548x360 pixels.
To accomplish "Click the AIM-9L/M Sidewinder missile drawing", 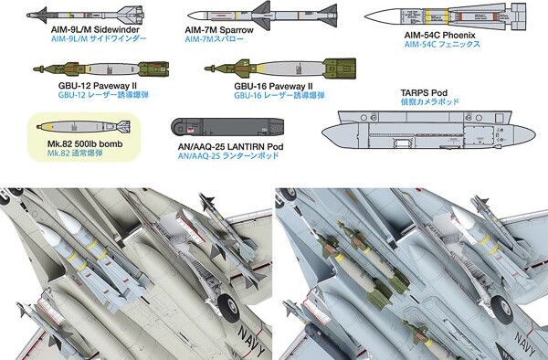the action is click(85, 16).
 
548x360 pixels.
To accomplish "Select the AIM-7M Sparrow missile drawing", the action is click(262, 16).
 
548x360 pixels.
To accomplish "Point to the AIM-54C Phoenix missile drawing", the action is click(446, 16).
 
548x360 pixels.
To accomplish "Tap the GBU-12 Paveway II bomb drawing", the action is click(101, 69).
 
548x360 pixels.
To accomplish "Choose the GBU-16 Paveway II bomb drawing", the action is click(280, 69).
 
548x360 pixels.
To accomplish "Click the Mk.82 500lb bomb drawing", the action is click(83, 126).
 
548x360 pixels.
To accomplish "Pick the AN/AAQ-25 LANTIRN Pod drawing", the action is click(227, 127).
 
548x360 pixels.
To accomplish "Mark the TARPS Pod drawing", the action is click(428, 130).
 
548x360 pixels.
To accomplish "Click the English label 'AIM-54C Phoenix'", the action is click(439, 36).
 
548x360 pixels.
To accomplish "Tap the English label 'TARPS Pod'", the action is click(424, 93).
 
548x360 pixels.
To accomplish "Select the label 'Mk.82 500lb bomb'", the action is click(85, 144).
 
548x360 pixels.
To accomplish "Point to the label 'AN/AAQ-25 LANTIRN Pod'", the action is click(230, 147).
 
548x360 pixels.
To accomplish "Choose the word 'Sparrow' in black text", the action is click(237, 30).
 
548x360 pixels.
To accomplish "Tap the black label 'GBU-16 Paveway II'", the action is click(273, 86).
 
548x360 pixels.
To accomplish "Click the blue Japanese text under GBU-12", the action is click(103, 95).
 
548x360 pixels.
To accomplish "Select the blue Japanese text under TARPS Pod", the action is click(429, 101).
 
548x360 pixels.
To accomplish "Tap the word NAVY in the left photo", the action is click(252, 340).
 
